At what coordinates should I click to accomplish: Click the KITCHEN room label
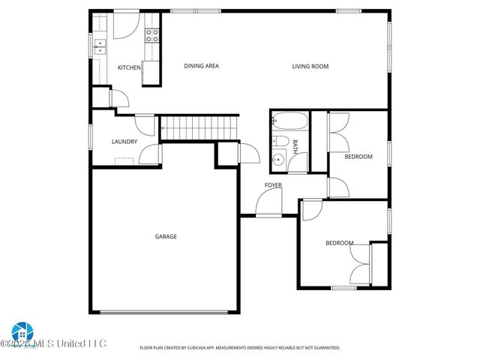[x=129, y=68]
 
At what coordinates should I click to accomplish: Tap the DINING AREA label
[x=201, y=66]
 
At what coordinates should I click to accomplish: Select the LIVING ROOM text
[x=310, y=67]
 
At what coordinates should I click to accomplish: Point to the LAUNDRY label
[x=124, y=141]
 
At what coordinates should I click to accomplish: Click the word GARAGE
[x=166, y=237]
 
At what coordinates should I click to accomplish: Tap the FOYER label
[x=273, y=185]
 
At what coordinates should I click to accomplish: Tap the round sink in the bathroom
[x=278, y=158]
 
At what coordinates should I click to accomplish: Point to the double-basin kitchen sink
[x=99, y=47]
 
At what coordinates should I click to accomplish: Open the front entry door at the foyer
[x=268, y=202]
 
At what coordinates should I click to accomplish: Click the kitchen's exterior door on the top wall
[x=124, y=24]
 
